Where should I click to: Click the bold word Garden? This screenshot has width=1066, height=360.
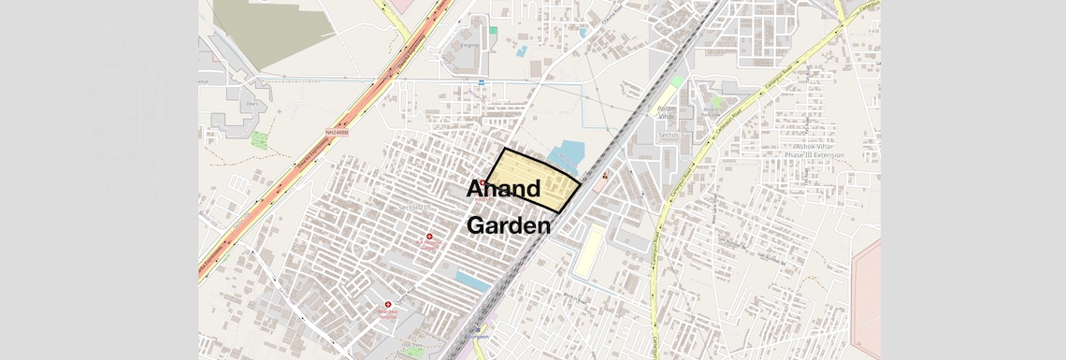coord(508,225)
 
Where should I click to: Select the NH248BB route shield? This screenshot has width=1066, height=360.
coord(339,133)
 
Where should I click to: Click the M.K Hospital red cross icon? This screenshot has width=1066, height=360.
coord(429,238)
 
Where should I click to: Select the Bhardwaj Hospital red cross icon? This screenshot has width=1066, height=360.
coord(388,305)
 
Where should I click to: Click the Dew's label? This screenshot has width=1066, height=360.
coord(251,105)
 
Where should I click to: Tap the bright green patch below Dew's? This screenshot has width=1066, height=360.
coord(259,139)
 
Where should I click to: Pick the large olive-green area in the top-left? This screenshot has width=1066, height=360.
coord(262,28)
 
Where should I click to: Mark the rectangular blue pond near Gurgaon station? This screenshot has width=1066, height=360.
coord(473,279)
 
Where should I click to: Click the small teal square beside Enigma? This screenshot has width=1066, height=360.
coord(493,31)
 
